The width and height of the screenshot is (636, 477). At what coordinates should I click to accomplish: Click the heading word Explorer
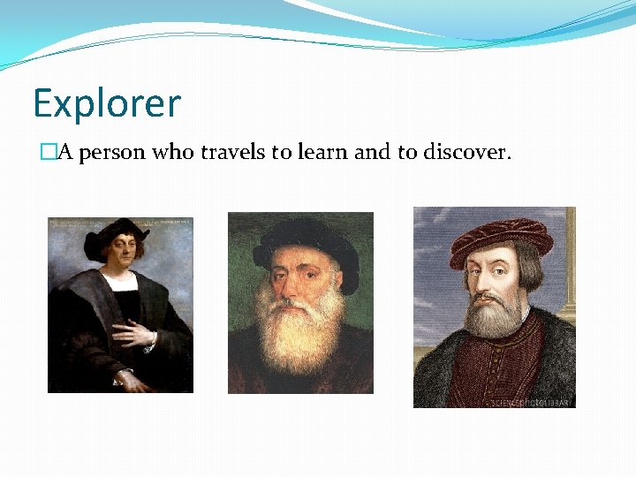pos(106,104)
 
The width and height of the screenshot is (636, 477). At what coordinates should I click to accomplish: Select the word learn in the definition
pos(321,153)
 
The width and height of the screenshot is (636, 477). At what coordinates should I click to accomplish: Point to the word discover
pos(466,153)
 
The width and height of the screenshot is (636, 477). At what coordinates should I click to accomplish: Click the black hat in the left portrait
pos(115,233)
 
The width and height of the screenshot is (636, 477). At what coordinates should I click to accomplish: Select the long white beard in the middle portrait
pos(299,336)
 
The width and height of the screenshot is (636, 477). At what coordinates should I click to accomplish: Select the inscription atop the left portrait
pos(120,221)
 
